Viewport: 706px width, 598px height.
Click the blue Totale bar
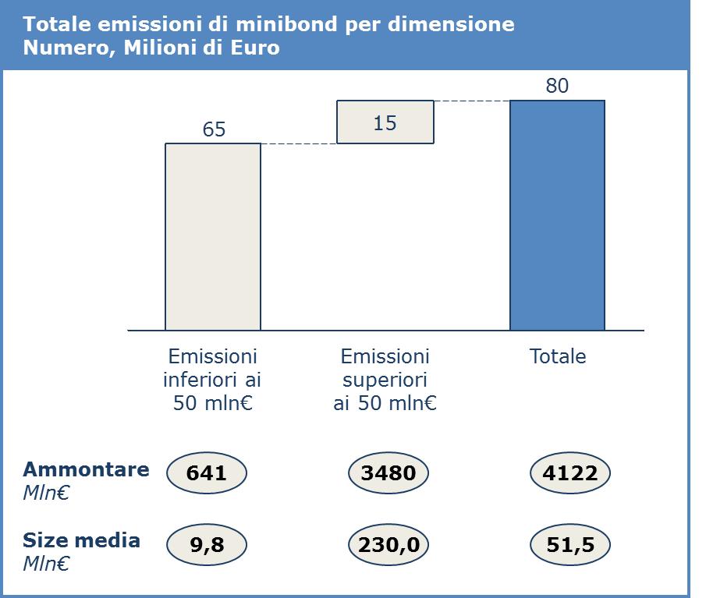pyautogui.click(x=558, y=215)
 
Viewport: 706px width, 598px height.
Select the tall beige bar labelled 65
pyautogui.click(x=213, y=237)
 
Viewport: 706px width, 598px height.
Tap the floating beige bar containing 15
pyautogui.click(x=385, y=122)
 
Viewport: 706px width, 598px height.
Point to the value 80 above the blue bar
pyautogui.click(x=557, y=86)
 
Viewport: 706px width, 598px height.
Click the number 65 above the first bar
pyautogui.click(x=214, y=129)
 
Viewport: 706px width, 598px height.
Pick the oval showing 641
pyautogui.click(x=207, y=473)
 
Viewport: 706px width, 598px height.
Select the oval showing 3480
pyautogui.click(x=388, y=473)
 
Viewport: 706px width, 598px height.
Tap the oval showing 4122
pyautogui.click(x=570, y=473)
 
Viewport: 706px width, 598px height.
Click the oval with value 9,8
pyautogui.click(x=207, y=544)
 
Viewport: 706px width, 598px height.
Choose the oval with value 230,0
pyautogui.click(x=388, y=544)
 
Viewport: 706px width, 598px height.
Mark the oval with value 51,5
pyautogui.click(x=570, y=544)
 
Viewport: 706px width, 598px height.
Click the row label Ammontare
pyautogui.click(x=86, y=469)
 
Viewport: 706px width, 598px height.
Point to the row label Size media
pyautogui.click(x=81, y=540)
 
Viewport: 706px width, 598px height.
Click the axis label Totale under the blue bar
pyautogui.click(x=558, y=356)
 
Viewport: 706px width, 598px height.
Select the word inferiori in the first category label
pyautogui.click(x=200, y=380)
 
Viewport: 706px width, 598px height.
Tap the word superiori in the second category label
pyautogui.click(x=385, y=380)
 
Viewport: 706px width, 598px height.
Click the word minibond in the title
pyautogui.click(x=286, y=24)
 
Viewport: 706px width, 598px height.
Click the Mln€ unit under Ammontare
pyautogui.click(x=46, y=493)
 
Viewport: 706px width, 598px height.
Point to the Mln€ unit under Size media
pyautogui.click(x=46, y=564)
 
